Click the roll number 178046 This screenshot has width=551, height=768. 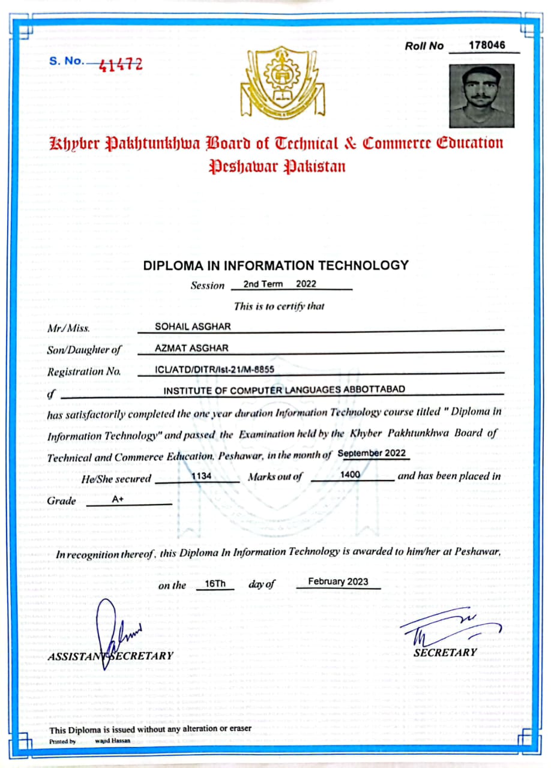[487, 45]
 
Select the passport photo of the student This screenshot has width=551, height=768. [481, 96]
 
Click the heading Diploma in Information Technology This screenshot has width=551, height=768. [275, 265]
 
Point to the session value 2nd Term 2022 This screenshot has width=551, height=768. [279, 284]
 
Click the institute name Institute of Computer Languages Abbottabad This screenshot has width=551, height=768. [285, 389]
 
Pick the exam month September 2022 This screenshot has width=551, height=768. [372, 454]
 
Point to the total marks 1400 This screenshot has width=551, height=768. [350, 475]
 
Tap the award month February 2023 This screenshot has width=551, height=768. [338, 581]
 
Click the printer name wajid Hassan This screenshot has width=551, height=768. [112, 741]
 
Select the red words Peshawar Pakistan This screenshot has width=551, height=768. [277, 166]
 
